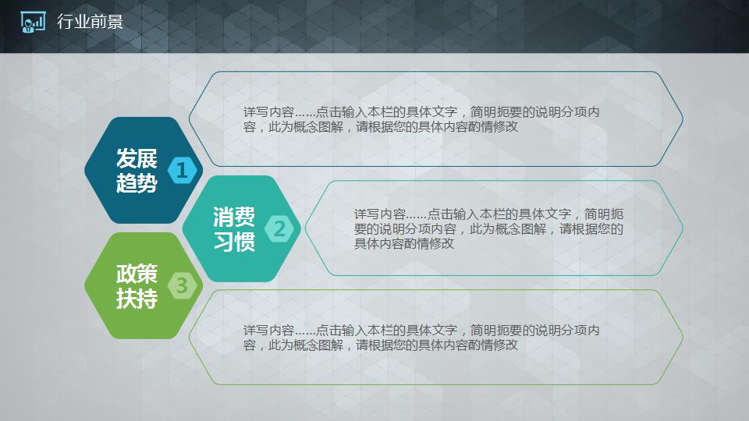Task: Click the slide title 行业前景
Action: (90, 22)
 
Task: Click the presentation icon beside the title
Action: (33, 23)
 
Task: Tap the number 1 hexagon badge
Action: (182, 170)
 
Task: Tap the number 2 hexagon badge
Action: (280, 228)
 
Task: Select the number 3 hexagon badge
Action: (182, 285)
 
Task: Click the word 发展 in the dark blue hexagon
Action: (137, 159)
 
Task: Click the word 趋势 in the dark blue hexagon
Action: (137, 184)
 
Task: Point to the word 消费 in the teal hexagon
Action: (234, 217)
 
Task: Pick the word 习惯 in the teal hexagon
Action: (234, 242)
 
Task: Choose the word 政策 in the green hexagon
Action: (137, 274)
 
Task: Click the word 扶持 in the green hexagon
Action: (137, 299)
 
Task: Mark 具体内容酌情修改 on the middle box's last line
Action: (404, 244)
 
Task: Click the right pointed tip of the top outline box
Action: (683, 119)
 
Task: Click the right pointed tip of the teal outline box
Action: (683, 228)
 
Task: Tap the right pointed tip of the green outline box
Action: (683, 337)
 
